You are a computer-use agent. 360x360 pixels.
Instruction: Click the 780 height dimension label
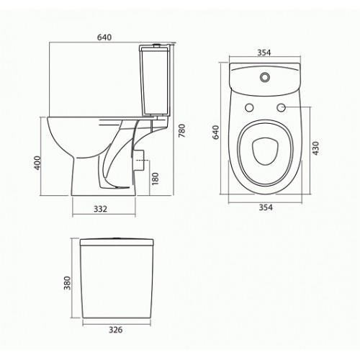(182, 130)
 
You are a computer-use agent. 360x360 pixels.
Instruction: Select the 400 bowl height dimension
(37, 163)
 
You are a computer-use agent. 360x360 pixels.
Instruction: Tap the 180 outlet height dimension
(156, 179)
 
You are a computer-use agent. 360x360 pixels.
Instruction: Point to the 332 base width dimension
(100, 209)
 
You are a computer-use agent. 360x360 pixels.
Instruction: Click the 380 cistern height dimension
(68, 283)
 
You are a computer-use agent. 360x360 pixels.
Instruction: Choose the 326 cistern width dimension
(116, 330)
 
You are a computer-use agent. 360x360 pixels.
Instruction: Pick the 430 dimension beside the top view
(315, 148)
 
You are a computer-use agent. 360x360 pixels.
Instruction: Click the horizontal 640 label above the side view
(104, 37)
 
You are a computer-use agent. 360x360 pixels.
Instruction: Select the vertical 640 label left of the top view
(216, 132)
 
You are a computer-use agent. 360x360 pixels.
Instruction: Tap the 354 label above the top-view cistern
(264, 53)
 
